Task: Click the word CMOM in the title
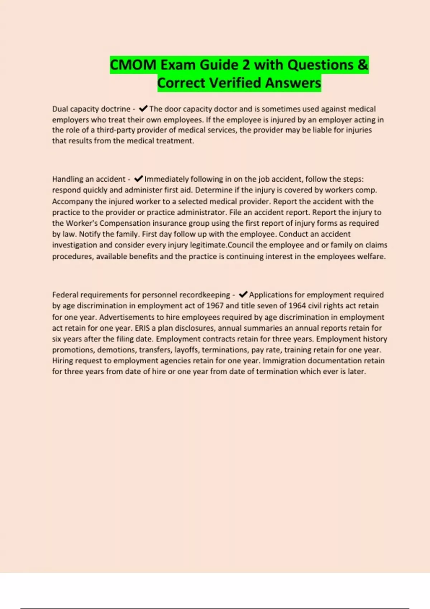click(133, 65)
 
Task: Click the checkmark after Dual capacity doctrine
click(143, 108)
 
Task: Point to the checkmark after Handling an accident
click(138, 178)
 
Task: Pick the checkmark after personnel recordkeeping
click(243, 294)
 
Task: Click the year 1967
click(215, 306)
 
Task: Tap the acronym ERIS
click(142, 328)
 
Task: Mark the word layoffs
click(186, 350)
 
